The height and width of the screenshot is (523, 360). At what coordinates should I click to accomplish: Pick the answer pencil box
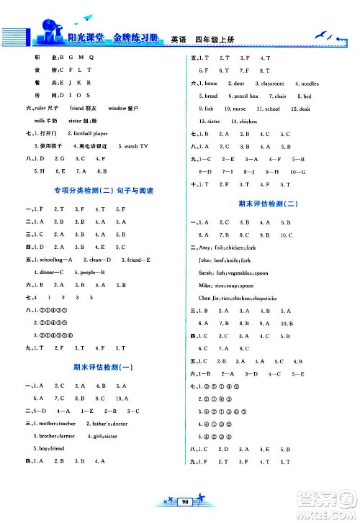click(245, 96)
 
